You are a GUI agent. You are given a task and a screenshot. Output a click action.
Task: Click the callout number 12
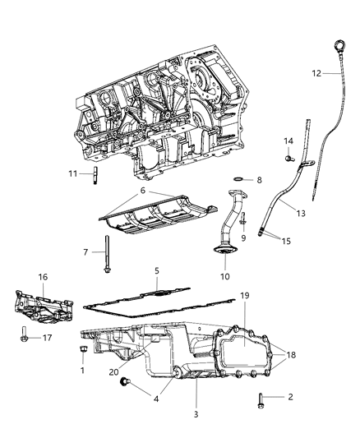pyautogui.click(x=316, y=73)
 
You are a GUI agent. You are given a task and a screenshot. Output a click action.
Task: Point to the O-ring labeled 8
pyautogui.click(x=237, y=179)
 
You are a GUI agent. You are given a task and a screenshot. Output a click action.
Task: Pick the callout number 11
pyautogui.click(x=73, y=173)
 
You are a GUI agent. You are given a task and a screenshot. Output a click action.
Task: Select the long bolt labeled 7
pyautogui.click(x=108, y=256)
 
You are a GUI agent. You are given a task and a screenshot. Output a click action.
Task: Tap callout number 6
pyautogui.click(x=144, y=191)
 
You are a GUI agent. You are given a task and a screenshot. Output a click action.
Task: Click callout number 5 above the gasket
pyautogui.click(x=156, y=270)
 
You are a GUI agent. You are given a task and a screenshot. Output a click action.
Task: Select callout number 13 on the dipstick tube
pyautogui.click(x=278, y=213)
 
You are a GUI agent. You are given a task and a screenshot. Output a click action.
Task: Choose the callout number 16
pyautogui.click(x=42, y=278)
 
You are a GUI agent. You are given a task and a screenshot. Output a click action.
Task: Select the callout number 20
pyautogui.click(x=114, y=371)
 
